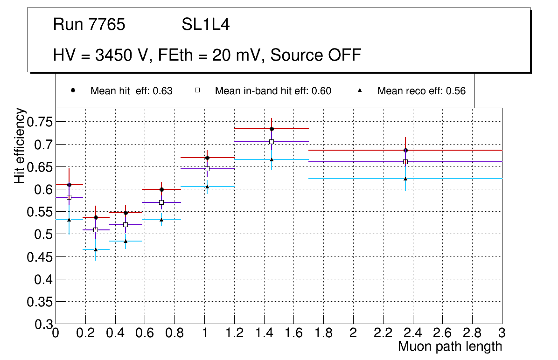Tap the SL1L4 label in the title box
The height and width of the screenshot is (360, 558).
206,24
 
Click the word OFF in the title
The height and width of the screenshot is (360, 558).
344,55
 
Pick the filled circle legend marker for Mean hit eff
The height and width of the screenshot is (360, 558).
73,90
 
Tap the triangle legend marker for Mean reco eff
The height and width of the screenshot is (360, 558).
360,90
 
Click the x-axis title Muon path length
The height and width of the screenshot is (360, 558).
450,346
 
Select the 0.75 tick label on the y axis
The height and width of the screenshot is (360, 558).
41,122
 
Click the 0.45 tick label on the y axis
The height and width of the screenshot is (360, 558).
41,257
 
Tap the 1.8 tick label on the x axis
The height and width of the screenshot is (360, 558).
323,334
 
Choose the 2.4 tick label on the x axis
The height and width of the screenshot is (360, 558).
413,334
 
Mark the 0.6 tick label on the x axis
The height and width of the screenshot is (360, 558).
145,334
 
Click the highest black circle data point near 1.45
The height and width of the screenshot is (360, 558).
272,129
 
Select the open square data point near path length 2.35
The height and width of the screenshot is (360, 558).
405,162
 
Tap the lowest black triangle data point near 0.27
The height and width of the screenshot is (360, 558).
96,249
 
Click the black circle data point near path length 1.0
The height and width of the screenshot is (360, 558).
207,158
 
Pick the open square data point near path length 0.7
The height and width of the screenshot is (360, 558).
161,202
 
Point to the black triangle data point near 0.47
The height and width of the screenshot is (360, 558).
126,241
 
